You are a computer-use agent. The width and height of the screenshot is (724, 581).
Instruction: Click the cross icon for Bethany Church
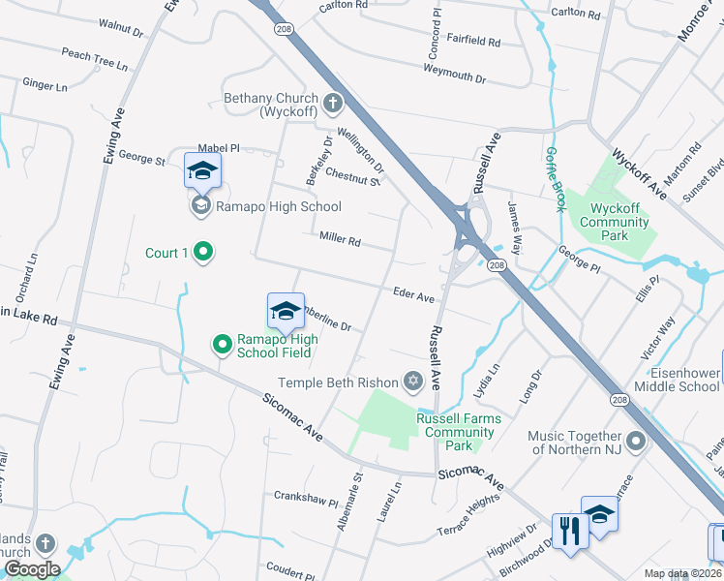(332, 102)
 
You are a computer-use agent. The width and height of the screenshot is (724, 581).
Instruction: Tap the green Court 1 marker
(202, 253)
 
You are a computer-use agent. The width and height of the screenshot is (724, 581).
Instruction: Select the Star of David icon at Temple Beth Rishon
(413, 382)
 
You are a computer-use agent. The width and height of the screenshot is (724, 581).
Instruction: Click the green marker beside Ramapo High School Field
(222, 343)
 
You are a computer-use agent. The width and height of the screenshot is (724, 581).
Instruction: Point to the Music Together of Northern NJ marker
(636, 443)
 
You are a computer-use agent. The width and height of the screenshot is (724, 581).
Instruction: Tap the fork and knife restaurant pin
(567, 530)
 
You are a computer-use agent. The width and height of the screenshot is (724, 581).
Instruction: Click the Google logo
(32, 568)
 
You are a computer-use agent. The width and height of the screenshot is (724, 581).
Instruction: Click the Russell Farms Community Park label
(459, 432)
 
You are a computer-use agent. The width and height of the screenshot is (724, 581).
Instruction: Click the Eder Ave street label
(413, 296)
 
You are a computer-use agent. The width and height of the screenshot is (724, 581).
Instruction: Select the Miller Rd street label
(339, 239)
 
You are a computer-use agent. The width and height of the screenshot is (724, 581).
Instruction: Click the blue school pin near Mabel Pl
(202, 170)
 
